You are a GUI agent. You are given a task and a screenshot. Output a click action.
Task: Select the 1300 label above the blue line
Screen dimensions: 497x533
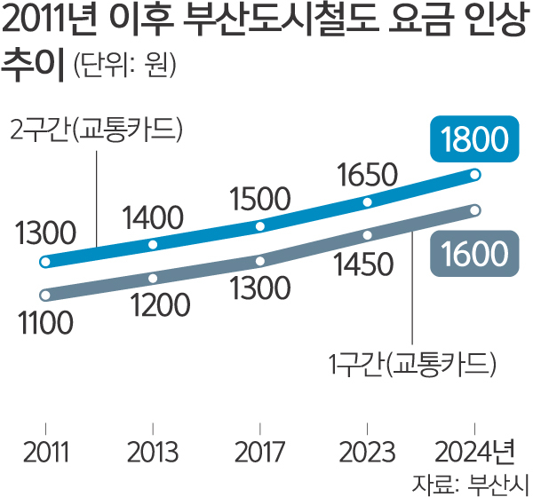tap(44, 234)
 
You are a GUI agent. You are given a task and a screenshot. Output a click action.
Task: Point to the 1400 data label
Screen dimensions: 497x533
tap(153, 216)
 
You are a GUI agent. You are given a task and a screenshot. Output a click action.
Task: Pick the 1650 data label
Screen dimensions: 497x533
tap(369, 177)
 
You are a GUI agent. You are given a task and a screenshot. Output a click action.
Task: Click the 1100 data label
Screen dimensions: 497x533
tap(44, 323)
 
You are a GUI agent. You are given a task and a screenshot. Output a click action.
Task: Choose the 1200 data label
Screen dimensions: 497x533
tap(160, 305)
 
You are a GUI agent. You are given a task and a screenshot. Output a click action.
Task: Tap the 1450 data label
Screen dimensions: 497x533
tap(362, 264)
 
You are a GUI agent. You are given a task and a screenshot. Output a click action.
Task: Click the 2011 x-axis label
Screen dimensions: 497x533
tap(44, 452)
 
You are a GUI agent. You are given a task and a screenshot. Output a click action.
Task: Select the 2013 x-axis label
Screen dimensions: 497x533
tap(153, 452)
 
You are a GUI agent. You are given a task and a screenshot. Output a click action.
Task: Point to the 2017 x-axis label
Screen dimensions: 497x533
tap(260, 452)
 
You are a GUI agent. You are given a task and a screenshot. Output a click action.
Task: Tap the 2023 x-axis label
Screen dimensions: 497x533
tap(368, 452)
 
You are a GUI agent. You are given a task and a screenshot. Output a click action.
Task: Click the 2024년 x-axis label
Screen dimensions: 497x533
tap(478, 452)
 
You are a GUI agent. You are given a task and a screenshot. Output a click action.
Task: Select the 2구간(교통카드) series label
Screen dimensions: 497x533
tap(96, 130)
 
